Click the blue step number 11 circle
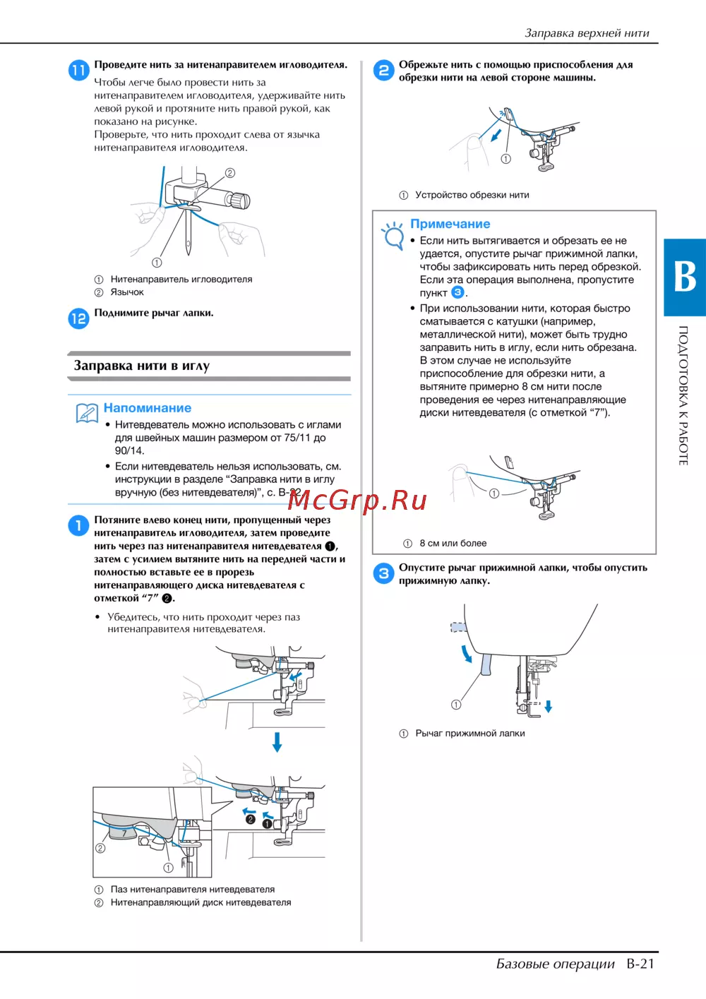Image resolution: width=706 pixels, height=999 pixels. [78, 70]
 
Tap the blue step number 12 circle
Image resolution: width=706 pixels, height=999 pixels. [78, 318]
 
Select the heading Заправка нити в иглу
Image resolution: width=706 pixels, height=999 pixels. [142, 366]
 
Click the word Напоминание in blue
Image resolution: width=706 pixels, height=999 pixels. [148, 408]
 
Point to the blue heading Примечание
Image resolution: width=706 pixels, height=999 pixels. [450, 224]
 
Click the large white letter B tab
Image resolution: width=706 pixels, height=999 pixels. [684, 277]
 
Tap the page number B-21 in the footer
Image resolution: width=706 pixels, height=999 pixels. [640, 964]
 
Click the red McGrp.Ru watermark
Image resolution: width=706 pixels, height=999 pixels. [357, 500]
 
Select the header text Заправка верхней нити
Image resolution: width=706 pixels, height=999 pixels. [587, 32]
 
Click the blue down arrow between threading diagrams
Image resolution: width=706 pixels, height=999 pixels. [277, 741]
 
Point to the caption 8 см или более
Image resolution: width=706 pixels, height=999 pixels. [453, 543]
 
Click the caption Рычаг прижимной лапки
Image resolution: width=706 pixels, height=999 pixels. [470, 733]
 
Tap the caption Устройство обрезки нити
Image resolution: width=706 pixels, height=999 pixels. [472, 195]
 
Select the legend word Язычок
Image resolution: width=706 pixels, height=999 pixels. [127, 292]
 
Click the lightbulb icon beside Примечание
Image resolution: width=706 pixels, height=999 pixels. [393, 235]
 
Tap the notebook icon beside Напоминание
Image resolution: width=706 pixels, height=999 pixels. [87, 412]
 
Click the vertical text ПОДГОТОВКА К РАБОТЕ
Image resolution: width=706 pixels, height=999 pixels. [683, 395]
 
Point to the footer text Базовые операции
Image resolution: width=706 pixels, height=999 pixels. [556, 964]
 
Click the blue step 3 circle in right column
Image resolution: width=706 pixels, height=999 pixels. [383, 573]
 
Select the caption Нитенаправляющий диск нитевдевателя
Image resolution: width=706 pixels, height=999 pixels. [201, 902]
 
